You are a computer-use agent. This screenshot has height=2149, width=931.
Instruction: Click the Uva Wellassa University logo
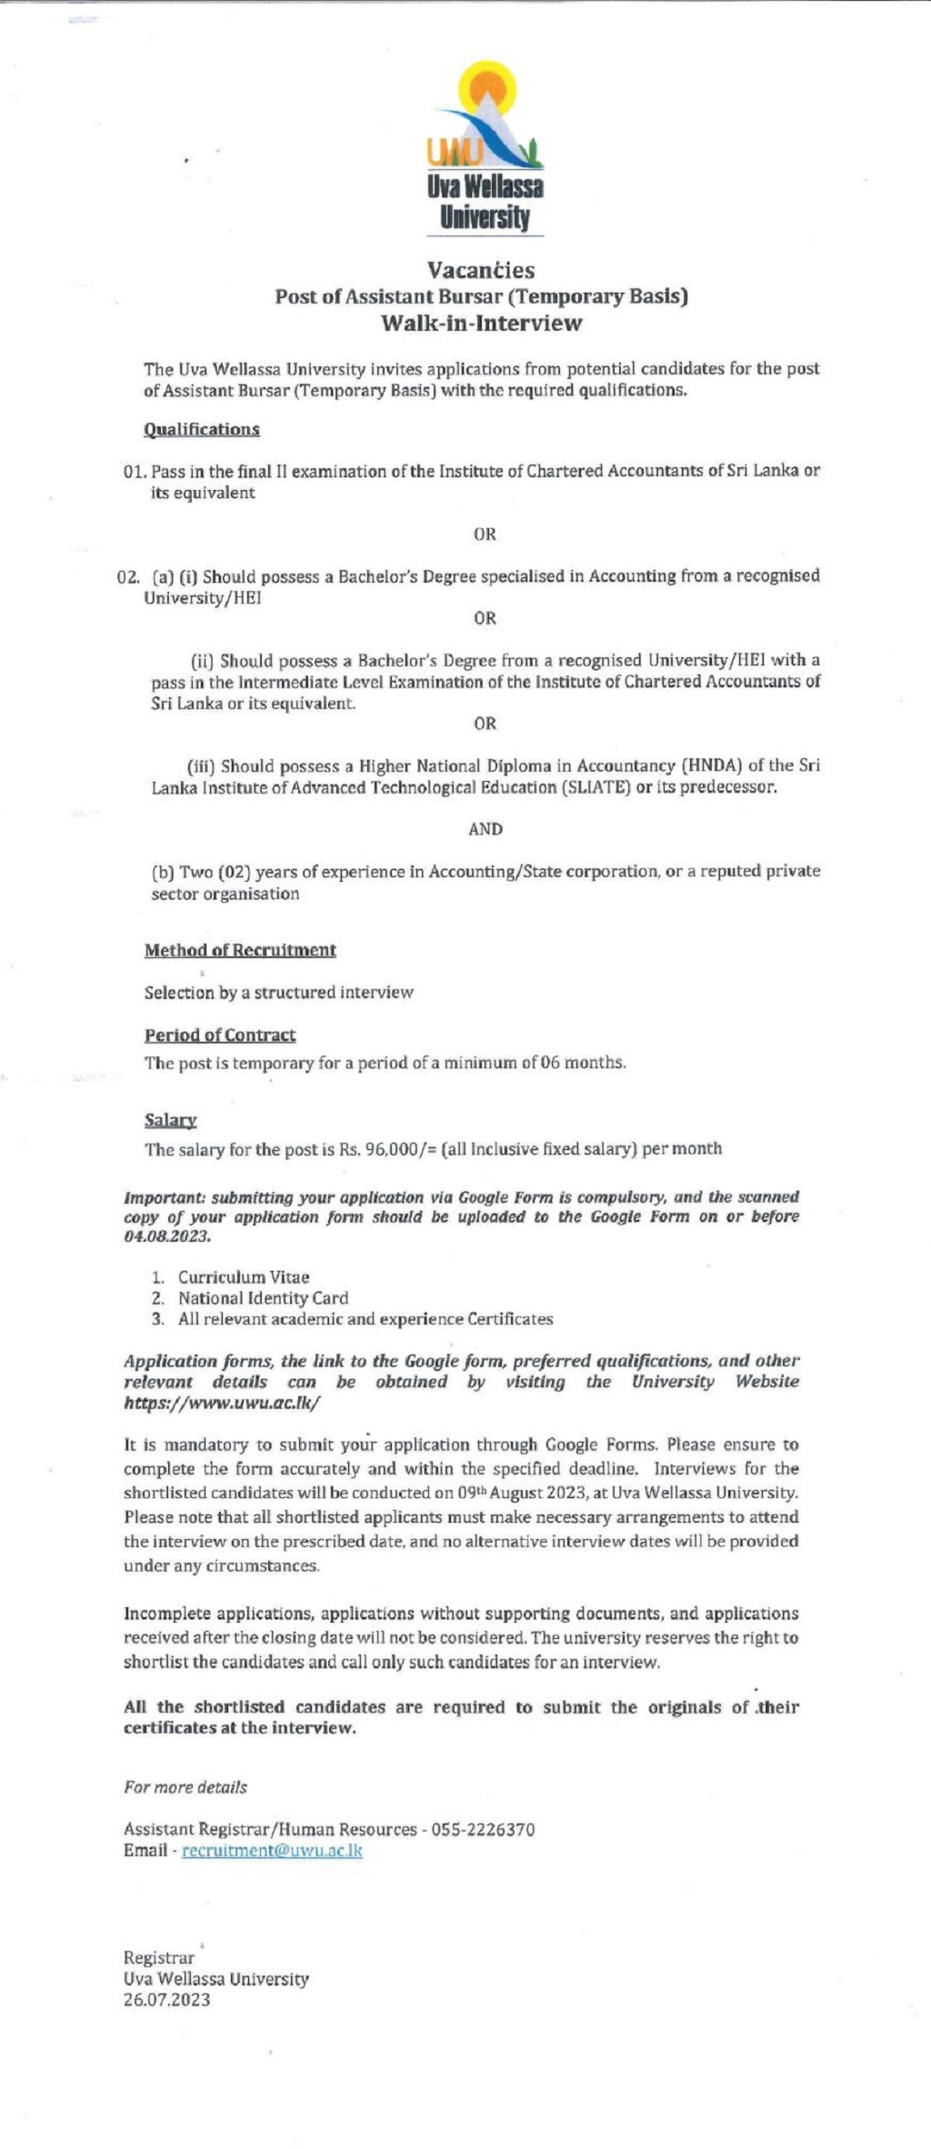(x=485, y=145)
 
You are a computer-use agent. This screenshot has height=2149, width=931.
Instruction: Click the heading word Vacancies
(x=481, y=270)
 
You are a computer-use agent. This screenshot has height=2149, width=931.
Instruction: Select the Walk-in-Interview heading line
(x=481, y=323)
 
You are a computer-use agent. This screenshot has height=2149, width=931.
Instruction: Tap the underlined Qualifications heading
(x=201, y=429)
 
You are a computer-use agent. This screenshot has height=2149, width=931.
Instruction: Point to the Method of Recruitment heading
(x=240, y=950)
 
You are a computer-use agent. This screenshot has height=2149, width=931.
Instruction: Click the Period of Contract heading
(x=219, y=1035)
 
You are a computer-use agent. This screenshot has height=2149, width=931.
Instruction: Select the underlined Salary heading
(x=170, y=1120)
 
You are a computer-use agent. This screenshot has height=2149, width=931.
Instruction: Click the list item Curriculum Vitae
(x=243, y=1277)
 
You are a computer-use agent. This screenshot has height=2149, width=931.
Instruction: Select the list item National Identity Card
(x=263, y=1298)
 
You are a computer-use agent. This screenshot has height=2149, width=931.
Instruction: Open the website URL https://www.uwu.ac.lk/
(x=222, y=1403)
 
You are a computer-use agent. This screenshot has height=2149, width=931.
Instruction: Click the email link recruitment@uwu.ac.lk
(x=272, y=1851)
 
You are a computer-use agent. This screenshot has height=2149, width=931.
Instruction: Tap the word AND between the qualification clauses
(x=485, y=829)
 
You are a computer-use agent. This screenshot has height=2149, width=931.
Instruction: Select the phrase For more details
(x=185, y=1787)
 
